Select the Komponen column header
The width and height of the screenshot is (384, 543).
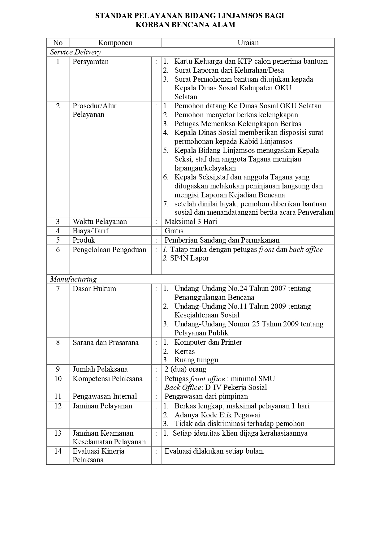(x=115, y=43)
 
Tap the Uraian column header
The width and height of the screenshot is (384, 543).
(x=248, y=43)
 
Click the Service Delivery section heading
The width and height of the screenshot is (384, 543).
(x=76, y=52)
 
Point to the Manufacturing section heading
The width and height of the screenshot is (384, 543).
(x=73, y=279)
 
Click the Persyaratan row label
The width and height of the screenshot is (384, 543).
(x=91, y=62)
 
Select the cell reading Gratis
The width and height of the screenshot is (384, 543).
(x=174, y=231)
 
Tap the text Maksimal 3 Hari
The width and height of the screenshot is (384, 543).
(x=191, y=222)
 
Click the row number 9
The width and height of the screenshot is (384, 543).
(x=58, y=369)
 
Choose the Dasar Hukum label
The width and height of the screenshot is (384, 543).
(x=94, y=289)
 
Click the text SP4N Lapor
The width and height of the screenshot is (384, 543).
(x=189, y=258)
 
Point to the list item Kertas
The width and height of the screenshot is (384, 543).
(x=184, y=351)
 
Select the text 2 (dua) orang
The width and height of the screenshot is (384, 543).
(x=185, y=369)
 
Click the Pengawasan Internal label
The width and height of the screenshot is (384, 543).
(x=105, y=396)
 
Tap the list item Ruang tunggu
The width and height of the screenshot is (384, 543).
(x=196, y=360)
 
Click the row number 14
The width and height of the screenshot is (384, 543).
(x=58, y=451)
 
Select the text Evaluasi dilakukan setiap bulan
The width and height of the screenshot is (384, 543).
(x=214, y=451)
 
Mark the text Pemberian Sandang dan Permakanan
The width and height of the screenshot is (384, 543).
(x=222, y=240)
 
